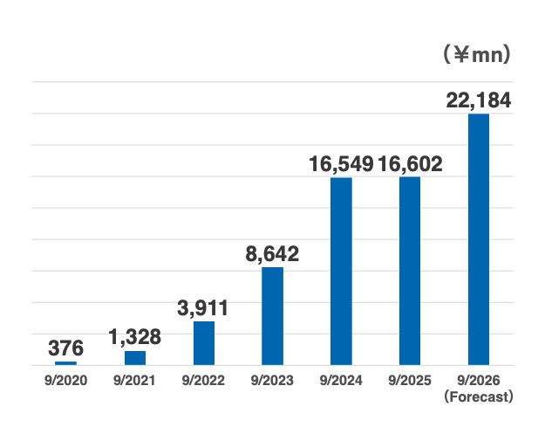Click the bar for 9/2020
click(66, 362)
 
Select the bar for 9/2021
click(135, 357)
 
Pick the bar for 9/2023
click(273, 315)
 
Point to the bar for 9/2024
click(341, 271)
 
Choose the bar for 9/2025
click(410, 271)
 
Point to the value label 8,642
click(272, 254)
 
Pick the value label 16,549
click(341, 163)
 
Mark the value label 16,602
click(411, 163)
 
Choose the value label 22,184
click(478, 100)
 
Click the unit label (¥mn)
click(476, 55)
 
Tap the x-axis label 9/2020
click(66, 381)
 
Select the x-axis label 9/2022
click(204, 381)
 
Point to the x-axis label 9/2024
click(341, 381)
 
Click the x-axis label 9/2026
click(479, 381)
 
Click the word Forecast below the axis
click(479, 396)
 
